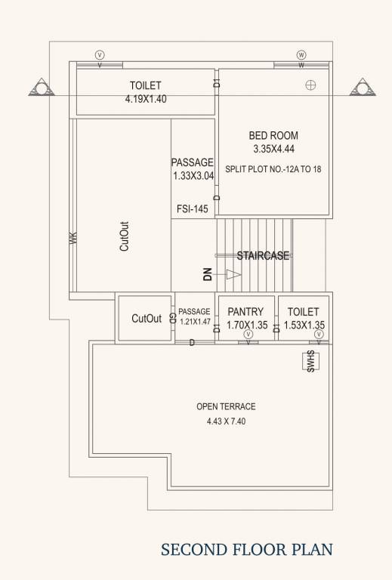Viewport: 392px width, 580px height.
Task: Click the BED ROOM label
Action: coord(273,136)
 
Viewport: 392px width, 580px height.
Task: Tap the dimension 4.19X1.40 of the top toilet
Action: coord(145,99)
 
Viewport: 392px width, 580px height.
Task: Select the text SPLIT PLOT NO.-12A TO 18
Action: coord(273,168)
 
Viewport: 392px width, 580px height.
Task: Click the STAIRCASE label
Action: coord(263,256)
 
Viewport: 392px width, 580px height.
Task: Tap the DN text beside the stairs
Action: coord(207,275)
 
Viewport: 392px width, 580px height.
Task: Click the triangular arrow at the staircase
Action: coord(233,275)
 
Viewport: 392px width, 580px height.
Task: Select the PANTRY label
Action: coord(245,311)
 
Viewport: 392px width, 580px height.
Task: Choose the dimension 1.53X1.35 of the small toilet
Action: coord(304,325)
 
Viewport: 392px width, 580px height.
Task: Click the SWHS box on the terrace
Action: coord(310,361)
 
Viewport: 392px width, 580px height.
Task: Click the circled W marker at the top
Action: coord(301,55)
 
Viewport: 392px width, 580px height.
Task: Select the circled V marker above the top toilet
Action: coord(100,55)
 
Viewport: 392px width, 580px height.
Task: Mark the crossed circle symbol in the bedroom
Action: coord(310,85)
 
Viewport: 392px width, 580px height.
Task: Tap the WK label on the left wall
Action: coord(73,237)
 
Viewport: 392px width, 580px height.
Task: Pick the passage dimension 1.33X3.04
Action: coord(193,176)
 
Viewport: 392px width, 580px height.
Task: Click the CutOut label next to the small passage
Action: coord(147,319)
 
